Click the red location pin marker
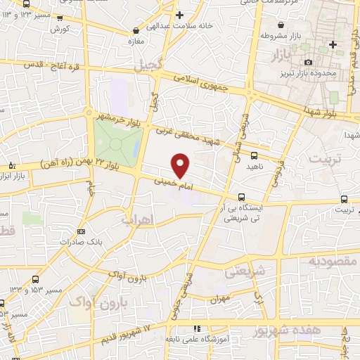point(181,165)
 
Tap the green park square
point(116,139)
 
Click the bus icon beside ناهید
point(254,157)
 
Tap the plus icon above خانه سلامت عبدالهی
point(180,14)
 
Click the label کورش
point(60,30)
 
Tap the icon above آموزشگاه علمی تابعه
point(198,328)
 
